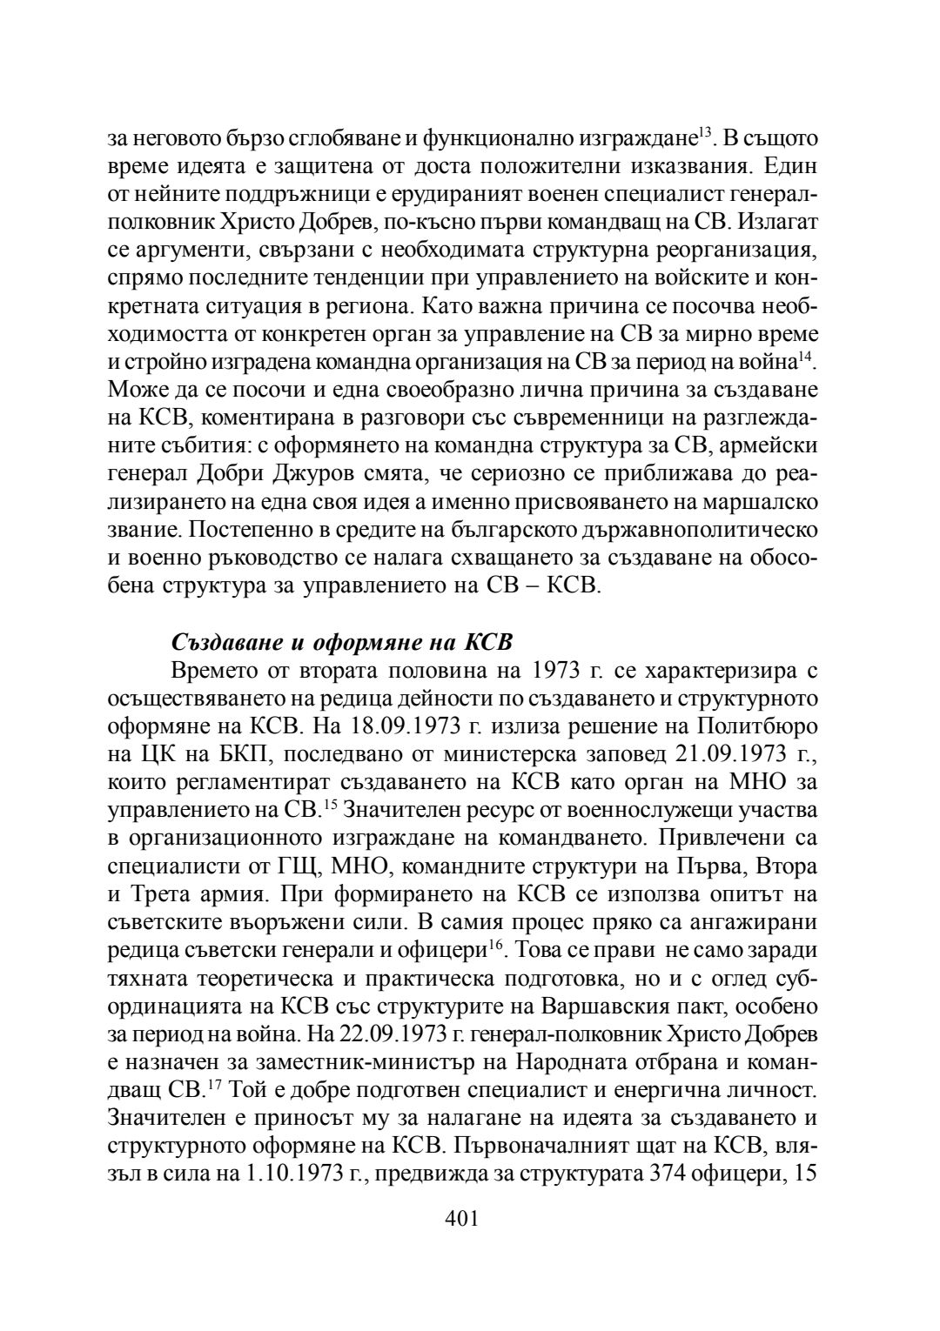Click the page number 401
[461, 1219]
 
